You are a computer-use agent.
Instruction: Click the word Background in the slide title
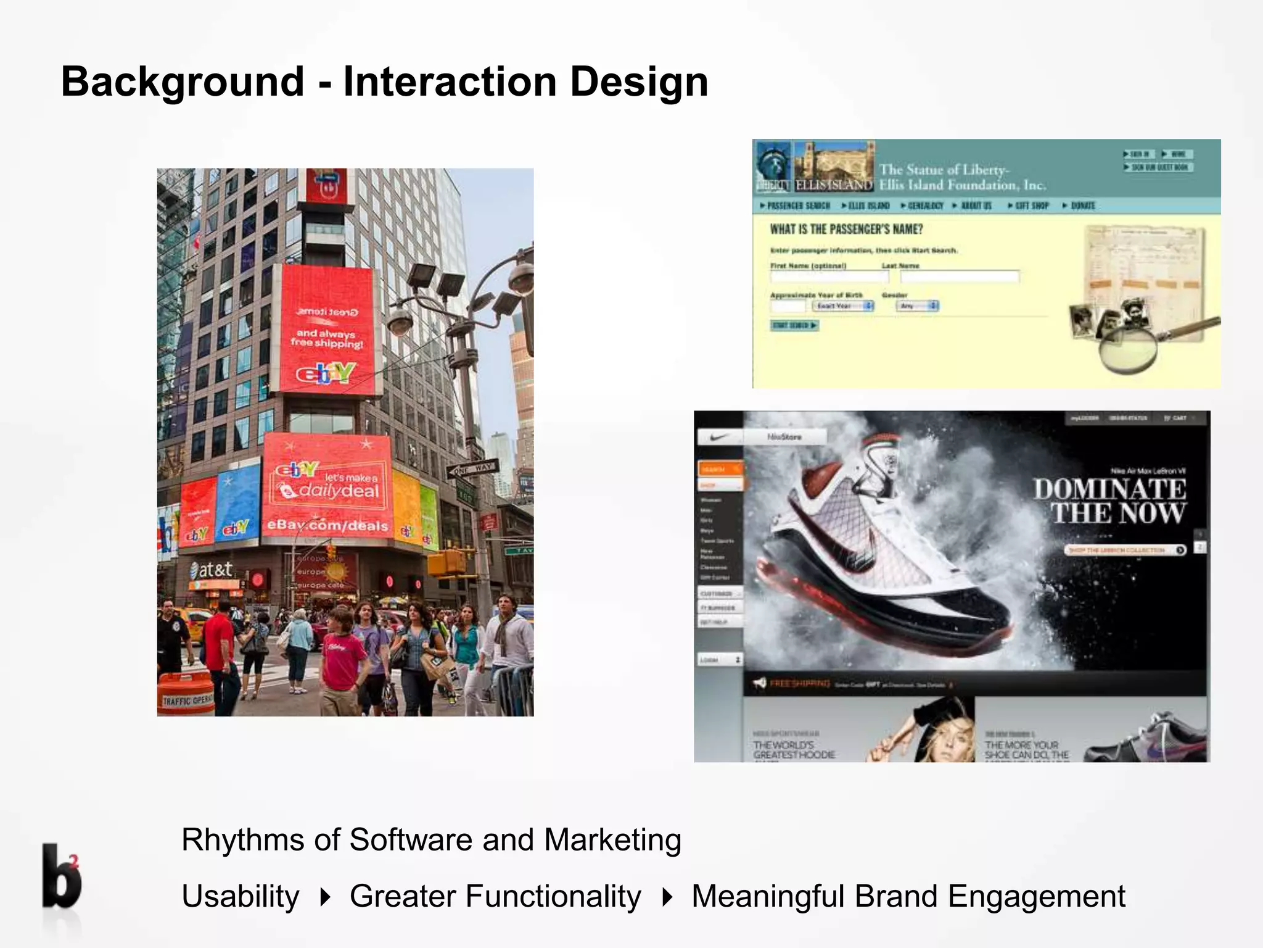point(183,82)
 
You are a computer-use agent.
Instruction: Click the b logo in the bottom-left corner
point(61,877)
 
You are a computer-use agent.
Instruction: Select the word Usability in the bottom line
point(241,896)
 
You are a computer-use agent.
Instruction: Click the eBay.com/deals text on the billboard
point(327,525)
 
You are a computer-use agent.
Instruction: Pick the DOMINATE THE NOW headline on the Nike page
point(1109,501)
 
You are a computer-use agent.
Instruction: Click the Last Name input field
point(959,276)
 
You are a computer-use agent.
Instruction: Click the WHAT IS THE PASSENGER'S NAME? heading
point(846,230)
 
